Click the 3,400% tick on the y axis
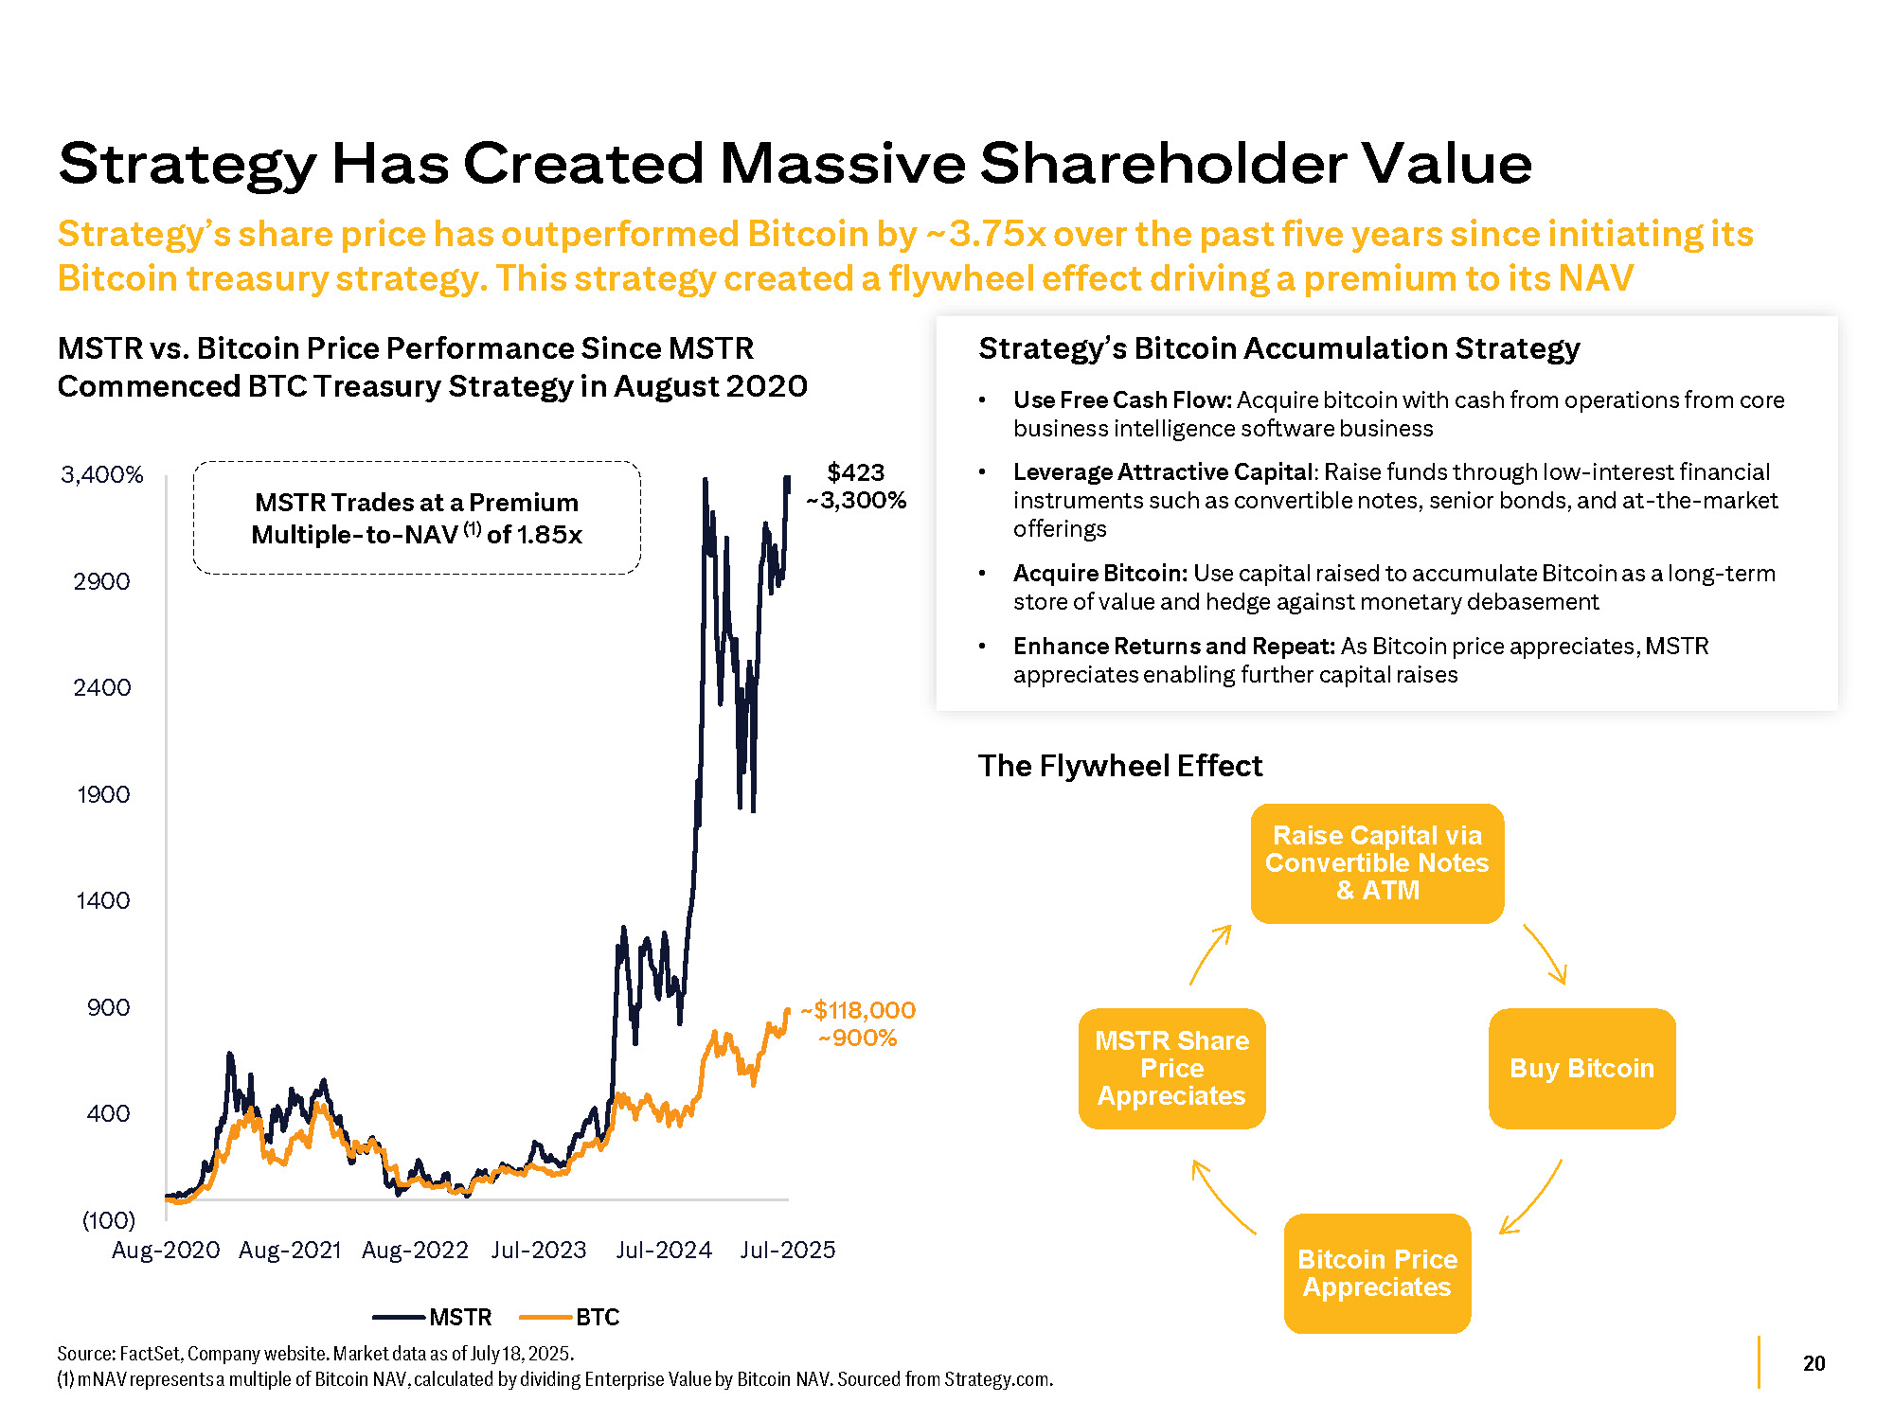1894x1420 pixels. pos(102,474)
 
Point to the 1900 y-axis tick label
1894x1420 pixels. pos(103,794)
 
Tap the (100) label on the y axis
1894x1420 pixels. pos(109,1219)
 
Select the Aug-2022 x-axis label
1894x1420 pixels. pos(415,1251)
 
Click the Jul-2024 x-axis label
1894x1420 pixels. pos(664,1251)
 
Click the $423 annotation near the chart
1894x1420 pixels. pos(855,472)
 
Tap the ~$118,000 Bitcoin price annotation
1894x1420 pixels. pos(858,1010)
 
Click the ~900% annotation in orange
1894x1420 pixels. pos(857,1038)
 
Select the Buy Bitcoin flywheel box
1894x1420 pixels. pos(1581,1069)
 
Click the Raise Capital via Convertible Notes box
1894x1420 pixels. pos(1377,863)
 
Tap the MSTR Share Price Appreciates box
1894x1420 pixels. pos(1171,1069)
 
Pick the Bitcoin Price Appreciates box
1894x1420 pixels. pos(1377,1273)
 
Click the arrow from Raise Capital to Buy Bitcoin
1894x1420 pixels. pos(1546,954)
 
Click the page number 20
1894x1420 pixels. pos(1814,1363)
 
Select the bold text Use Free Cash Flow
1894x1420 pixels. pos(1122,400)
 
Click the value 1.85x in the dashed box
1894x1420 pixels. pos(549,535)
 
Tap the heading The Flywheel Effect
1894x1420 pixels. pos(1120,766)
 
